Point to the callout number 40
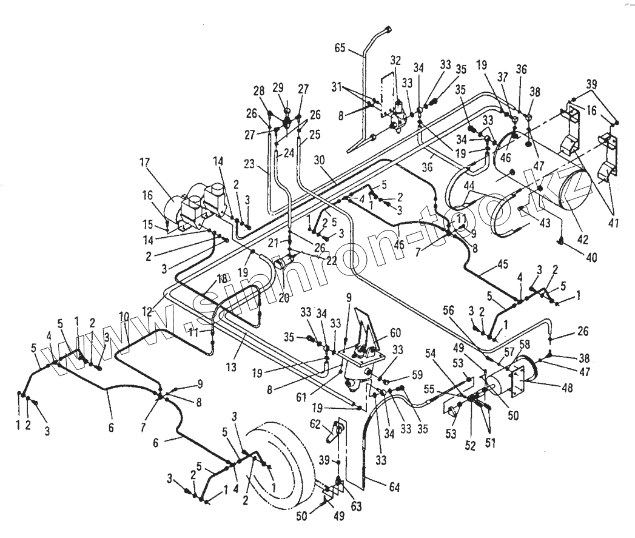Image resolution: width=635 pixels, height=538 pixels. point(591,257)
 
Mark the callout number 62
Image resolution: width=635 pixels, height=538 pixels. point(316,423)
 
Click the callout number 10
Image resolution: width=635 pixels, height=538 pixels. point(124,317)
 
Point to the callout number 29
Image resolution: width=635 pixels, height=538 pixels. point(278,89)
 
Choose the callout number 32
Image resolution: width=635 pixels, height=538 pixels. point(395,61)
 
